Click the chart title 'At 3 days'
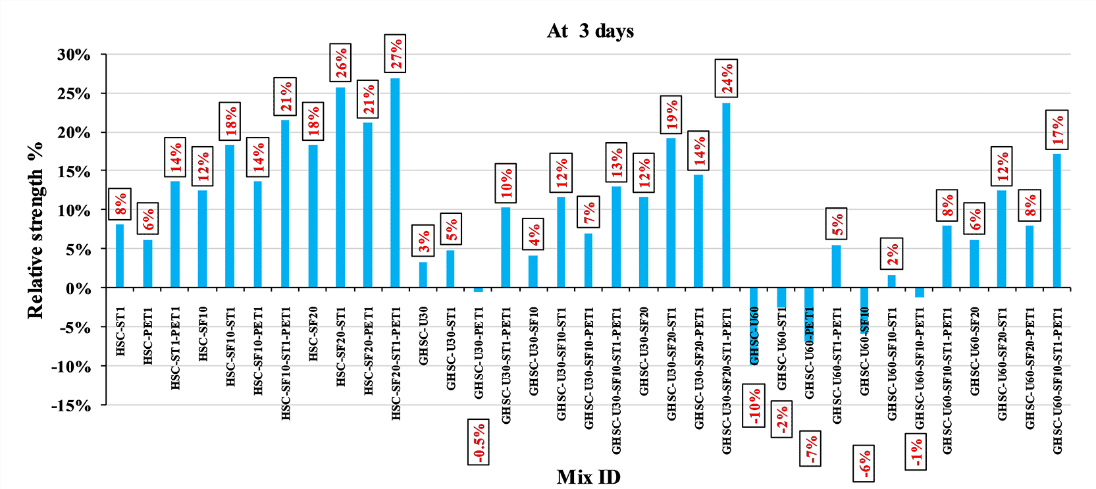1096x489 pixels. coord(590,31)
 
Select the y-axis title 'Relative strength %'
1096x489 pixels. coord(36,230)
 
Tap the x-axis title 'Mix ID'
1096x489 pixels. coord(588,476)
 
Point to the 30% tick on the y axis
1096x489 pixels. coord(74,55)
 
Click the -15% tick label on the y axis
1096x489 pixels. coord(71,405)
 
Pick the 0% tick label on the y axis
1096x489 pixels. coord(78,288)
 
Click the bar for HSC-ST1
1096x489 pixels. coord(120,256)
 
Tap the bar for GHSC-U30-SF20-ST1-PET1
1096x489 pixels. coord(726,195)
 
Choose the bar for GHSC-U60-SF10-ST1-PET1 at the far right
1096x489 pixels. coord(1057,221)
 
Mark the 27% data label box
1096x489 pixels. coord(395,53)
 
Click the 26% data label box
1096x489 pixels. coord(340,63)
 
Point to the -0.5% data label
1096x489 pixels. coord(479,442)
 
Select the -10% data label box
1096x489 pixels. coord(754,405)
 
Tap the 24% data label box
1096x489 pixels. coord(726,78)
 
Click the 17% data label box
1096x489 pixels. coord(1057,130)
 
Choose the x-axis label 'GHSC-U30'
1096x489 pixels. coord(423,336)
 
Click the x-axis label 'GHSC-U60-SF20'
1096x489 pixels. coord(975,351)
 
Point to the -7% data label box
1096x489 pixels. coord(810,449)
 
